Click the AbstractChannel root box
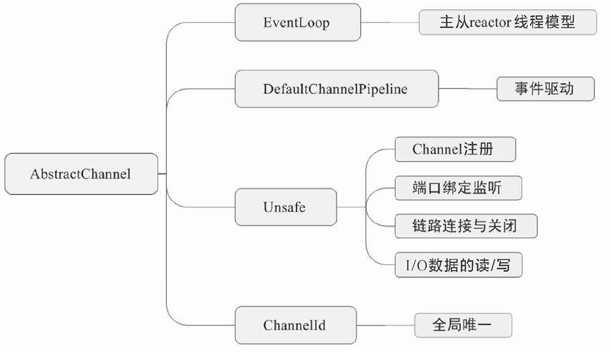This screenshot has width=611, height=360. tap(81, 174)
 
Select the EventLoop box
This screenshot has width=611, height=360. tap(297, 23)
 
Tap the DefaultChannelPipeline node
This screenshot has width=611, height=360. tap(336, 89)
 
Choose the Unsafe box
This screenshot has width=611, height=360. tap(285, 207)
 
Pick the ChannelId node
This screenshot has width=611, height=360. tap(295, 325)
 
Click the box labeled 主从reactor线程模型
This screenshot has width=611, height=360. tap(507, 23)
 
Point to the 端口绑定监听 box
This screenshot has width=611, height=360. tap(458, 188)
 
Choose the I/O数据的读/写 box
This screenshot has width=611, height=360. tap(458, 265)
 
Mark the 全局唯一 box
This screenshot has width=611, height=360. tap(463, 325)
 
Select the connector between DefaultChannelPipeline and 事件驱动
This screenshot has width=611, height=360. tap(467, 89)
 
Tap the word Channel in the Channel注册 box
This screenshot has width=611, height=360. tap(437, 150)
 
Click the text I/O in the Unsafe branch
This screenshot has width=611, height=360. tap(417, 266)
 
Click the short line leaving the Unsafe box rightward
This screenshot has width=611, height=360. tap(351, 207)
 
